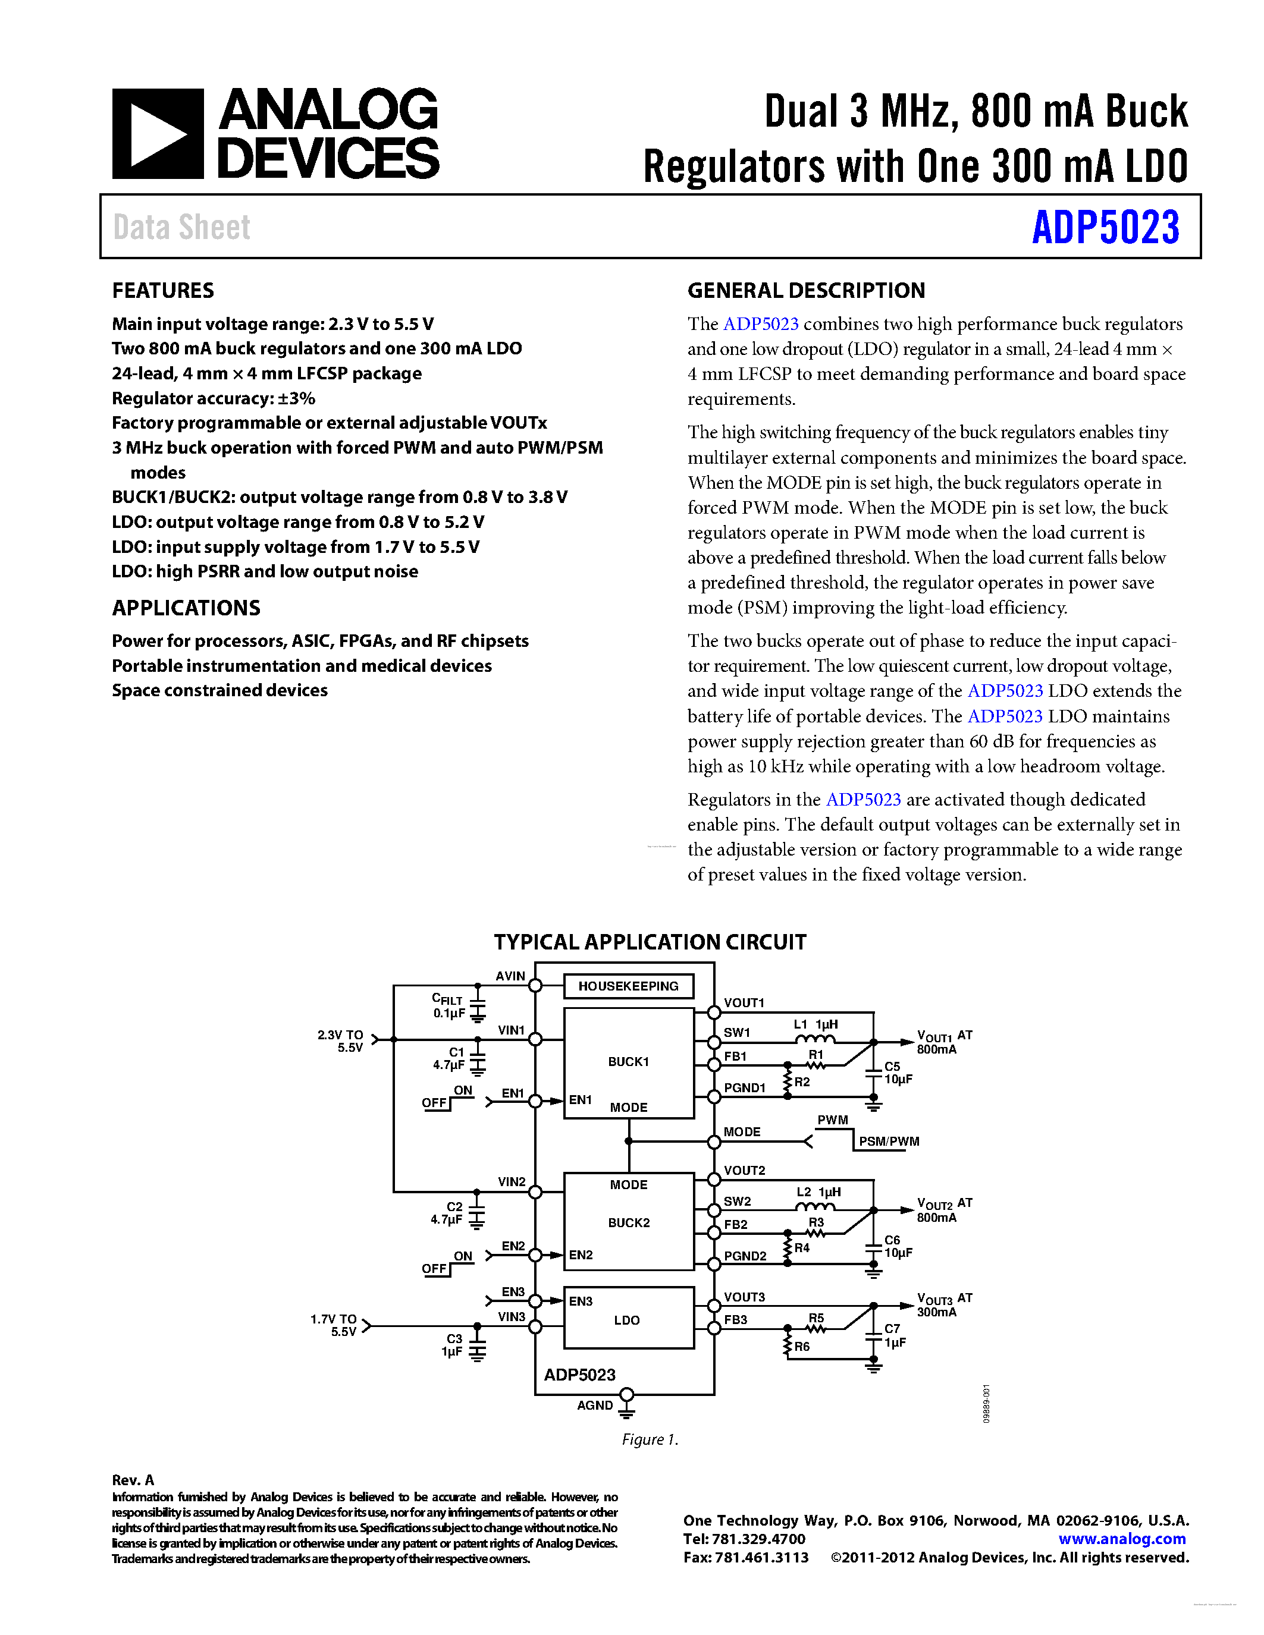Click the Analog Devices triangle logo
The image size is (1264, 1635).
(x=157, y=134)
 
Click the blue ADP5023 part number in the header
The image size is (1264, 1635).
(x=1105, y=228)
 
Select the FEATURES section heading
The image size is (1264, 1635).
(x=162, y=291)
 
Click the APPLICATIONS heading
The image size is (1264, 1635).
(x=186, y=608)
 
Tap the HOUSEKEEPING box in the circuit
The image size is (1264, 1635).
(x=628, y=986)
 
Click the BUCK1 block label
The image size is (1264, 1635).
(x=628, y=1061)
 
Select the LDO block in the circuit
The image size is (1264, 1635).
(x=628, y=1320)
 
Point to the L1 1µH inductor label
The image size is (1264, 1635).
(x=816, y=1024)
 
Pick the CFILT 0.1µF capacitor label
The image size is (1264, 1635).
(x=449, y=1006)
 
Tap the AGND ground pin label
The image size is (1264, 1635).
(x=595, y=1405)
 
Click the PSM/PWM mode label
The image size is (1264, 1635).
(x=889, y=1141)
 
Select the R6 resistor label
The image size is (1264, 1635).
(x=802, y=1346)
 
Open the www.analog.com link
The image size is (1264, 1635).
(x=1122, y=1539)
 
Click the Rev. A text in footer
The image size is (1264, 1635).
(x=133, y=1479)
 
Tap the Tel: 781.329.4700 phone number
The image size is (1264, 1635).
(x=744, y=1539)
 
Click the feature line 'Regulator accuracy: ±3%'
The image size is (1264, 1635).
(x=214, y=398)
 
